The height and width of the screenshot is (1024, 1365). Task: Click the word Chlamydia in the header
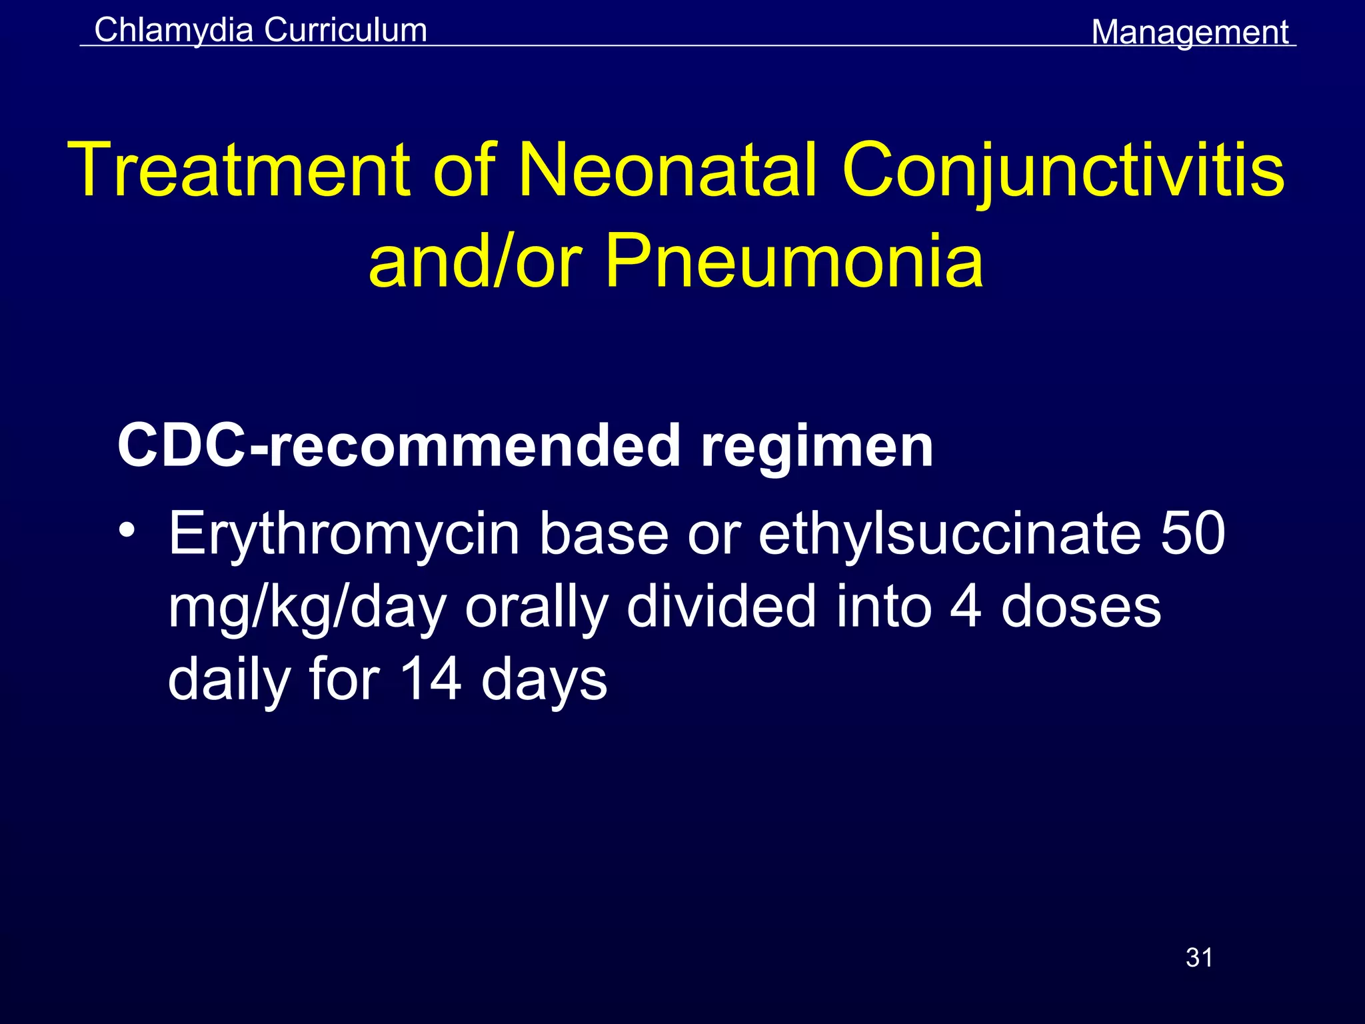click(173, 31)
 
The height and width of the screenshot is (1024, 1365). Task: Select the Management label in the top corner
click(1190, 32)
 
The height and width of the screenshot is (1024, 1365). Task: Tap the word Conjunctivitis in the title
click(1063, 171)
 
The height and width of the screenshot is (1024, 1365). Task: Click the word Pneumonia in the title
click(793, 261)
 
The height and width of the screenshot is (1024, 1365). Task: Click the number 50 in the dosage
click(1192, 533)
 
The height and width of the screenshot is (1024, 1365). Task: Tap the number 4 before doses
click(965, 607)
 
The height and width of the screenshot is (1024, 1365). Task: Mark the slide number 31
click(1199, 957)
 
